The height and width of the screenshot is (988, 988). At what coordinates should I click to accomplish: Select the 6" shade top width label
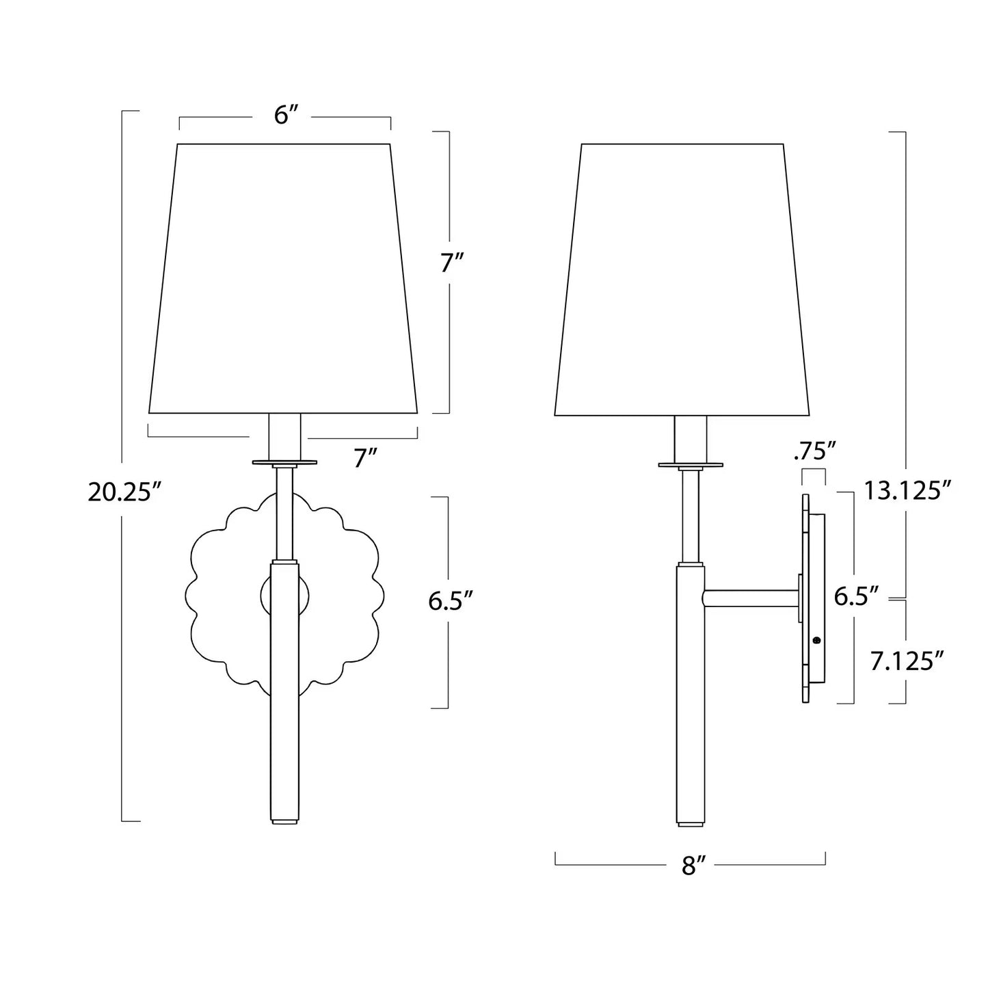pyautogui.click(x=286, y=116)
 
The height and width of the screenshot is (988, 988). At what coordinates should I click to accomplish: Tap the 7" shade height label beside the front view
pyautogui.click(x=452, y=263)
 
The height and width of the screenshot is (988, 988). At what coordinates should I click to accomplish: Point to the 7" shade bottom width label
pyautogui.click(x=365, y=458)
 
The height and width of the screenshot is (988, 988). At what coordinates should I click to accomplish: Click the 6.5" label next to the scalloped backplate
pyautogui.click(x=450, y=601)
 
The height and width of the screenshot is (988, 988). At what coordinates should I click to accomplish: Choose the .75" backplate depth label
pyautogui.click(x=814, y=452)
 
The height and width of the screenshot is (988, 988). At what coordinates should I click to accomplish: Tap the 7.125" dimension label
pyautogui.click(x=907, y=661)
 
